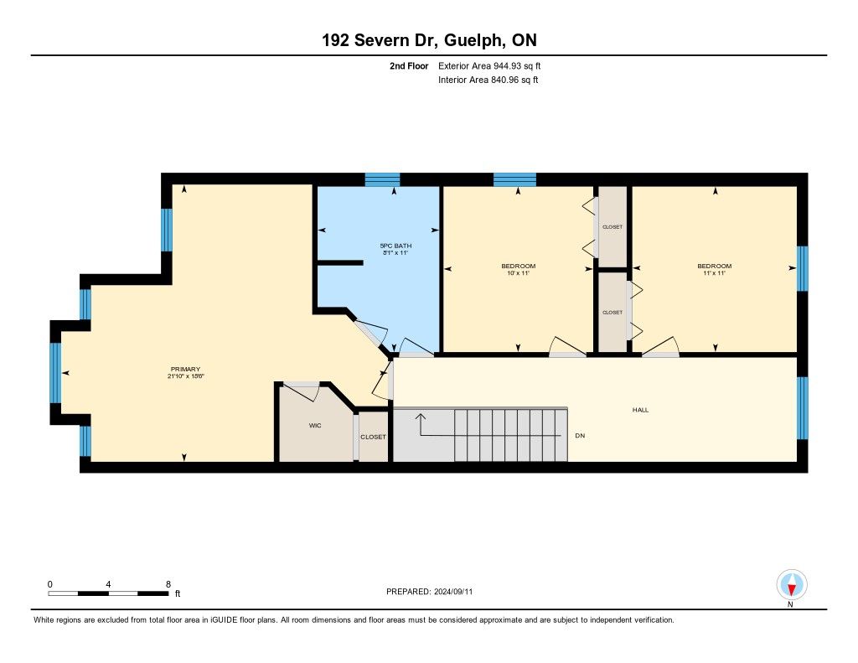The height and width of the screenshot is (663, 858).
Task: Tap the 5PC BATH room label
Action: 395,246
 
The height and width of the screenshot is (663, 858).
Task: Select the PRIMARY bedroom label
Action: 185,369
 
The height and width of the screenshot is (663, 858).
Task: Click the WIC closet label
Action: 315,426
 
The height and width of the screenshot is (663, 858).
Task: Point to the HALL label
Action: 641,410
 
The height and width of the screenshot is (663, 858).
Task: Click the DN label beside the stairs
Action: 580,436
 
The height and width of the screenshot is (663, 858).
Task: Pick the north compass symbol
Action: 791,585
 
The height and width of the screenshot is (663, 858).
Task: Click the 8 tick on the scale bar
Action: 168,584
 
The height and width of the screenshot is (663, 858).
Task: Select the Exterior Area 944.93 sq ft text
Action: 489,65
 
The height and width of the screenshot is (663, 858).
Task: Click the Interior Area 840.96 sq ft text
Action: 488,80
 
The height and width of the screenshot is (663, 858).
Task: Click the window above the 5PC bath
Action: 382,179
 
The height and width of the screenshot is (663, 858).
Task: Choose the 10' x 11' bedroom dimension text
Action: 518,272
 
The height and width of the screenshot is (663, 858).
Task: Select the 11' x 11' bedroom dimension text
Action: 714,272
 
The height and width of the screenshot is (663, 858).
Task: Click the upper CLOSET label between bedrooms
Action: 612,226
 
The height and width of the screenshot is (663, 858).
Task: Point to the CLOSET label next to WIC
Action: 373,437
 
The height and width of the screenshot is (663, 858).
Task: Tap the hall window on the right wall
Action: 802,408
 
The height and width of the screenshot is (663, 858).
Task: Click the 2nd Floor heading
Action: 409,65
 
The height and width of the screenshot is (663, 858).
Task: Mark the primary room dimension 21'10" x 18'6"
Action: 186,376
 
